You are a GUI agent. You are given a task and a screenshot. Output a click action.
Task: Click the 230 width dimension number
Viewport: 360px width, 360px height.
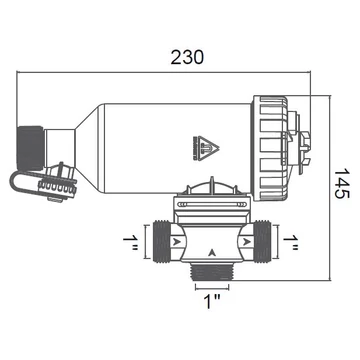(187, 57)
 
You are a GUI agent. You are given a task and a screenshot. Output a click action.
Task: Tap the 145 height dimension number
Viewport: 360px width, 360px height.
(341, 183)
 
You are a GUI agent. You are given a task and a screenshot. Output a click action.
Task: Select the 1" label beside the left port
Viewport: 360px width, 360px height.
(130, 243)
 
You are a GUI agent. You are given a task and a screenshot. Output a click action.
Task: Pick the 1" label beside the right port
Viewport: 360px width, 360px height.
(291, 243)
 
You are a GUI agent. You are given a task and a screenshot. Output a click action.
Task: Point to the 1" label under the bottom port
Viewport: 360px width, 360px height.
(212, 301)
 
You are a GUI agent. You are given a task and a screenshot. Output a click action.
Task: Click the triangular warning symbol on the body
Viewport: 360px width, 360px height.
(206, 148)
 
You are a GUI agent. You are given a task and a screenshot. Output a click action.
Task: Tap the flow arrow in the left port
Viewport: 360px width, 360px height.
(177, 241)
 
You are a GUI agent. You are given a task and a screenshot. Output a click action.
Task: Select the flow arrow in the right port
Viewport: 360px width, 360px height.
(247, 241)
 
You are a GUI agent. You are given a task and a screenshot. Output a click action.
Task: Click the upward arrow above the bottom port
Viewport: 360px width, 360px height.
(212, 253)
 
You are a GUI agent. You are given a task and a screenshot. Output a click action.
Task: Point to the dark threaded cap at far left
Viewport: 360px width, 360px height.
(30, 148)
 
